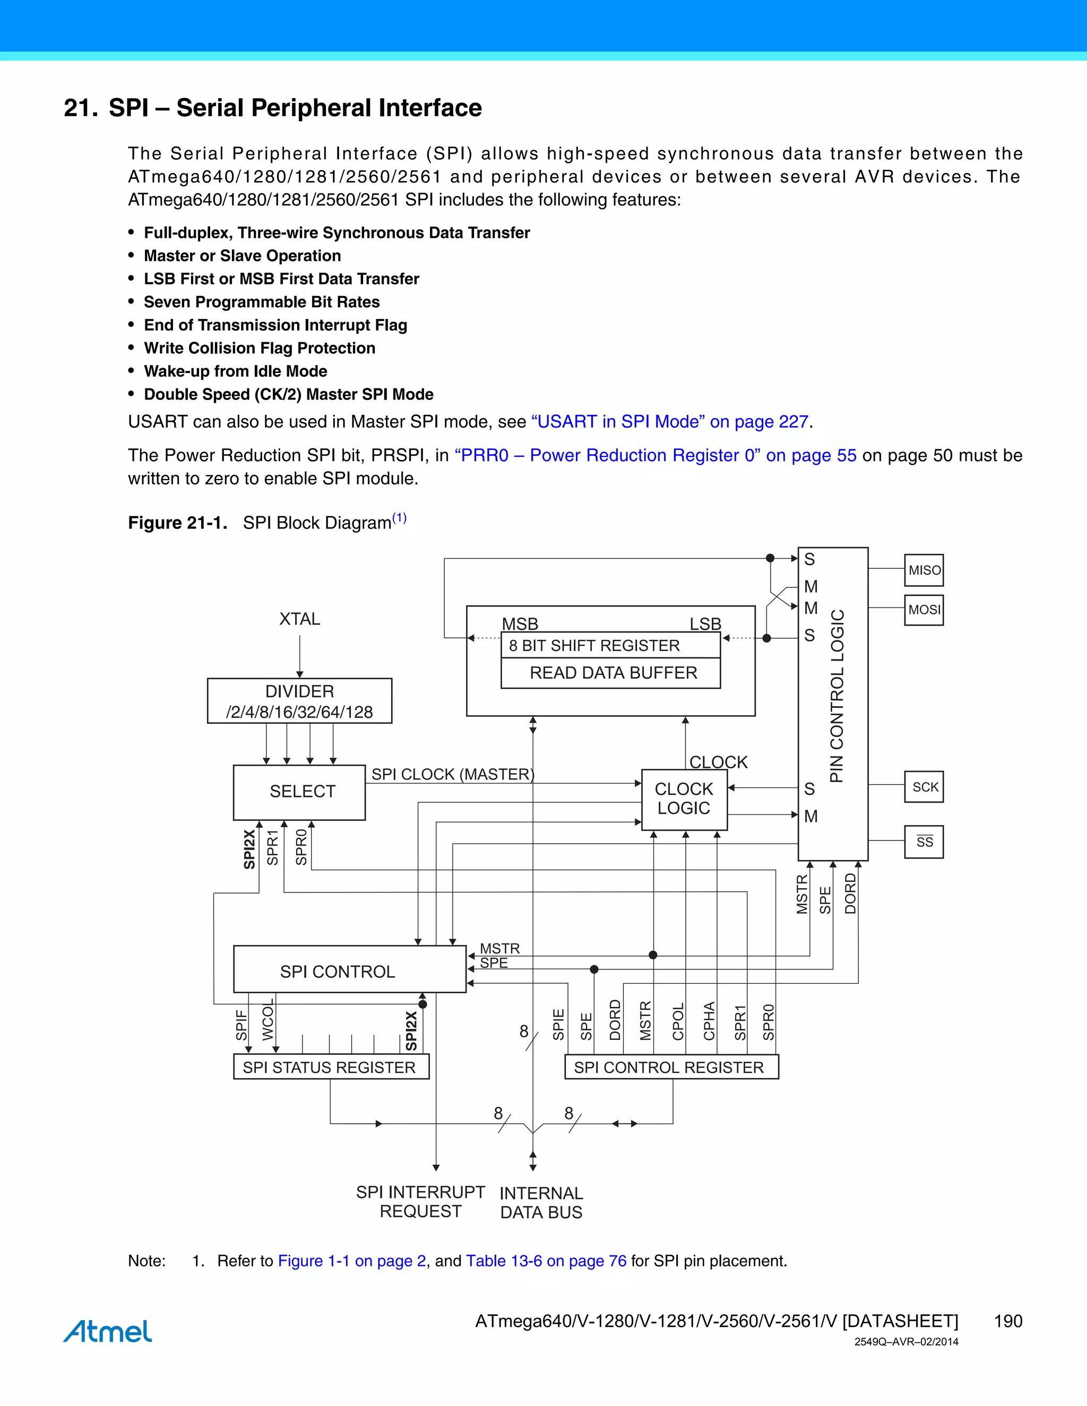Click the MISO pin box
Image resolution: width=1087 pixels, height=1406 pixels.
pyautogui.click(x=924, y=570)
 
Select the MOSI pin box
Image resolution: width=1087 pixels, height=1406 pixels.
pyautogui.click(x=924, y=610)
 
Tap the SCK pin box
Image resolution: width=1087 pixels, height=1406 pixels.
pyautogui.click(x=924, y=787)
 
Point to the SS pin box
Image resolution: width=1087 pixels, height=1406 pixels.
pyautogui.click(x=924, y=842)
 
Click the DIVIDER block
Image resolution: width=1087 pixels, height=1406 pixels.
pyautogui.click(x=299, y=701)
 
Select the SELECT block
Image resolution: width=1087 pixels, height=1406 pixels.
pyautogui.click(x=299, y=792)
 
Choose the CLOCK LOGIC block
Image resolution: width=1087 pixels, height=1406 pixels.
pyautogui.click(x=684, y=799)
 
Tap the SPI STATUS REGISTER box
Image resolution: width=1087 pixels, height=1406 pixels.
pyautogui.click(x=330, y=1067)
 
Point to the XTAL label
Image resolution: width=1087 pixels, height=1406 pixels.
pyautogui.click(x=299, y=619)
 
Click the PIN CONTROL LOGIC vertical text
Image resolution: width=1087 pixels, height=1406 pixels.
pyautogui.click(x=836, y=695)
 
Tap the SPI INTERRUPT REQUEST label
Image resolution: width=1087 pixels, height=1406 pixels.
pyautogui.click(x=420, y=1202)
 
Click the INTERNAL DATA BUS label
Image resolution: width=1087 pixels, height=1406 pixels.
pyautogui.click(x=541, y=1203)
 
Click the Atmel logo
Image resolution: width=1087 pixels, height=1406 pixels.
pyautogui.click(x=108, y=1331)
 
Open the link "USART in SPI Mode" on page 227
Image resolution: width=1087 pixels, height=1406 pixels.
pyautogui.click(x=670, y=422)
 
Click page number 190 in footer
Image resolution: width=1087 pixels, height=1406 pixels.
pyautogui.click(x=1008, y=1321)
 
